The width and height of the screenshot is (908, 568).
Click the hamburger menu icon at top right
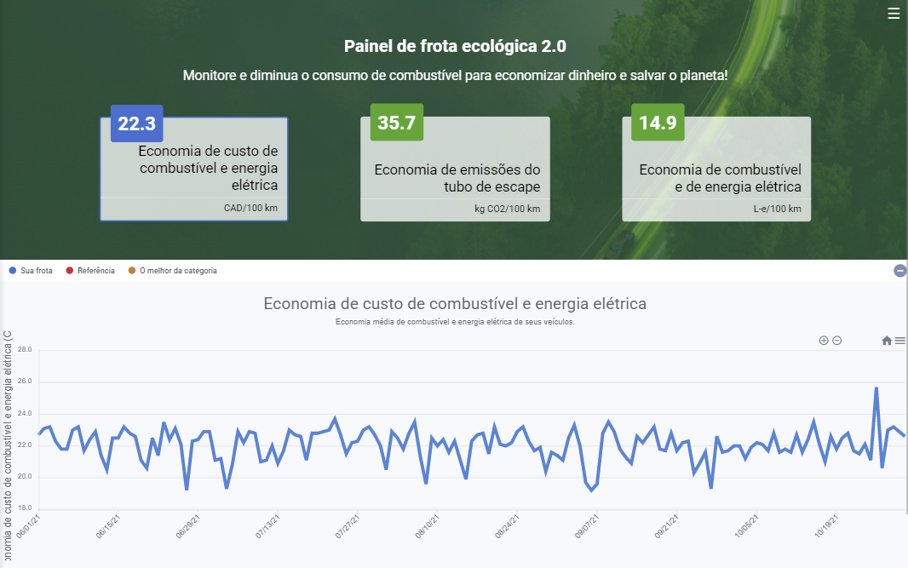point(894,14)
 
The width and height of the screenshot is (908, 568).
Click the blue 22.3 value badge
point(136,123)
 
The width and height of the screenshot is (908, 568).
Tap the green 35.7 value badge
point(396,123)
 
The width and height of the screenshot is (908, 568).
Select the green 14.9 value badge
point(657,123)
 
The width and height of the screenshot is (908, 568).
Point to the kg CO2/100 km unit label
point(507,209)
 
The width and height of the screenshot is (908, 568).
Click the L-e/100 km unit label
point(777,209)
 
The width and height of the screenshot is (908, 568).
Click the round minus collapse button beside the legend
point(899,271)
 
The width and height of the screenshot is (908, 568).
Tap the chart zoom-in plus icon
point(824,341)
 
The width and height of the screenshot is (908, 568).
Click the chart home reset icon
point(887,341)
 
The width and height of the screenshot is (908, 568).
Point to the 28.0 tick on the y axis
point(24,350)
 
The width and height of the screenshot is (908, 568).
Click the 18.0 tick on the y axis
point(24,508)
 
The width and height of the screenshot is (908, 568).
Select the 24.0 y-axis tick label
point(24,414)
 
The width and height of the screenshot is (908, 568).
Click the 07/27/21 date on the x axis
point(348,526)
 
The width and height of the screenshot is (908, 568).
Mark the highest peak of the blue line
point(876,388)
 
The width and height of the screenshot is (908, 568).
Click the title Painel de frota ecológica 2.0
point(455,46)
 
